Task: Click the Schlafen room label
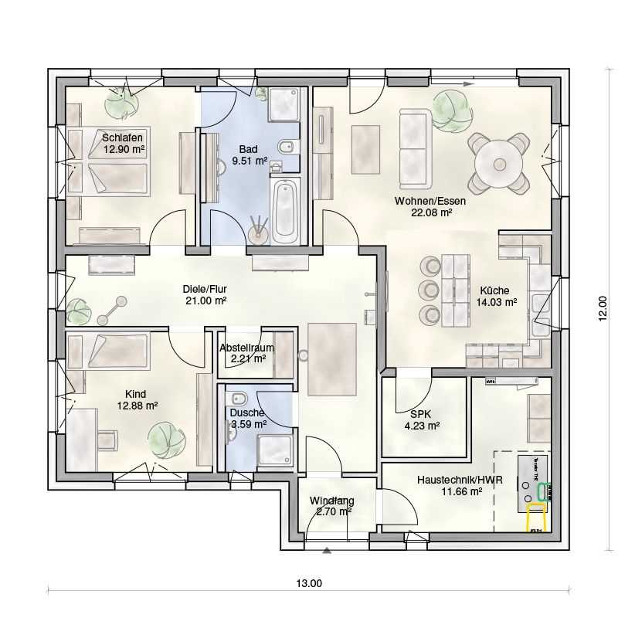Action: pos(122,138)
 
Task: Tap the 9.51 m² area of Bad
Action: pos(249,161)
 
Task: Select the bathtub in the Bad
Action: pos(284,209)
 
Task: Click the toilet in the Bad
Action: pos(287,146)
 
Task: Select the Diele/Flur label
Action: pos(204,289)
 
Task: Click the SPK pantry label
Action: pos(422,413)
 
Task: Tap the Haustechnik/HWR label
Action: pos(460,480)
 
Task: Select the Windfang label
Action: pos(331,500)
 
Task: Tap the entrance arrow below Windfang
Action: pos(328,551)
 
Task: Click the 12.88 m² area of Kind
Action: pos(138,405)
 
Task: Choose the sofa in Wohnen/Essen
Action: pos(415,148)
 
